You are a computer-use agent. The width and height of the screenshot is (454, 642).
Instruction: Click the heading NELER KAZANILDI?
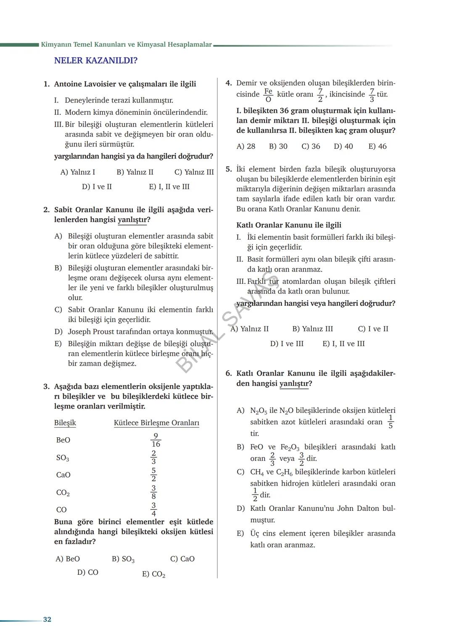[95, 61]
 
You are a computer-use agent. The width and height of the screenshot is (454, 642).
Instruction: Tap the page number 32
[47, 619]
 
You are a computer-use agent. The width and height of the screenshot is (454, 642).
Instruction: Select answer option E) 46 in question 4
[377, 146]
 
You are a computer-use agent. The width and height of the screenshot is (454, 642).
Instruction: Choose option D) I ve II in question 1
[97, 187]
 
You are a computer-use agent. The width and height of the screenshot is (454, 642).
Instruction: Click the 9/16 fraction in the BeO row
[156, 440]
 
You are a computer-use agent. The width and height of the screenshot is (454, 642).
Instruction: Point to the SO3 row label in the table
[63, 458]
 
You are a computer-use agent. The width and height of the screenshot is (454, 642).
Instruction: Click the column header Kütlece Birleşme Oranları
[156, 423]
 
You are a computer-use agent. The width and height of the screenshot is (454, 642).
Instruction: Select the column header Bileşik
[65, 423]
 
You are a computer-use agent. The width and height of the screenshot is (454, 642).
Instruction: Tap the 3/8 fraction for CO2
[153, 492]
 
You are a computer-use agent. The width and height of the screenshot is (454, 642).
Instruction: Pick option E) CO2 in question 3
[153, 574]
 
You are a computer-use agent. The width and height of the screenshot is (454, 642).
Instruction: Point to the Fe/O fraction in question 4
[268, 95]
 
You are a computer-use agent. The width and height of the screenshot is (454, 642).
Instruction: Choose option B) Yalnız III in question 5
[312, 329]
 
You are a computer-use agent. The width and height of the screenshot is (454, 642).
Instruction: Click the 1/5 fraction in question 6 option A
[391, 422]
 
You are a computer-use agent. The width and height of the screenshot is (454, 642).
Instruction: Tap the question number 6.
[228, 373]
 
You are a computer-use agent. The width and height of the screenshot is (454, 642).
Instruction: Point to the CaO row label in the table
[63, 475]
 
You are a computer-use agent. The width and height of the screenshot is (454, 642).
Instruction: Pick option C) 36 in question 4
[311, 146]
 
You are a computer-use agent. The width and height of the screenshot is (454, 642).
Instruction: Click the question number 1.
[46, 84]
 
